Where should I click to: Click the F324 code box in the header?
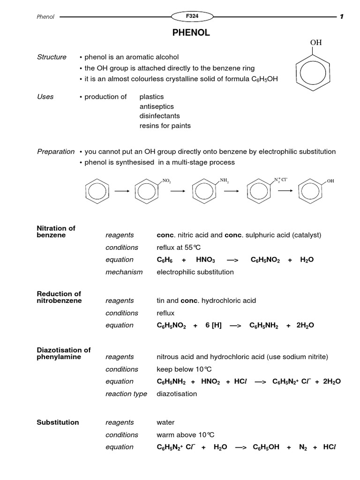point(192,16)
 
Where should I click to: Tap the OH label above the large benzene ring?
point(316,43)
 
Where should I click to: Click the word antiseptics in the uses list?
point(156,106)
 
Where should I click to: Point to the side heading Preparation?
point(55,151)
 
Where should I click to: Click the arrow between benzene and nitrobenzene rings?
point(122,191)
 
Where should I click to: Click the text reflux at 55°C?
point(179,247)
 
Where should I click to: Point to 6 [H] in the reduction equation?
point(213,325)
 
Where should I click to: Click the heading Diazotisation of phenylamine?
point(63,353)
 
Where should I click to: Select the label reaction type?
point(126,394)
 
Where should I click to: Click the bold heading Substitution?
point(58,422)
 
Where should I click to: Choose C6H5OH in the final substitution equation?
point(266,447)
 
